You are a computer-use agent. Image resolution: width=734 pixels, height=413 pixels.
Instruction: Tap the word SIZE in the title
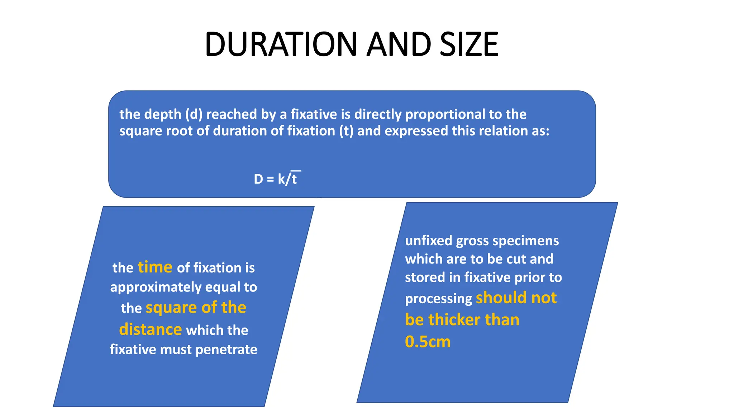click(x=469, y=44)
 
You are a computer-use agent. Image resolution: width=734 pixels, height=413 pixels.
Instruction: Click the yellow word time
click(x=155, y=267)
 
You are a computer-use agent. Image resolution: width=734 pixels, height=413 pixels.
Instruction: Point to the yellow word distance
click(x=151, y=329)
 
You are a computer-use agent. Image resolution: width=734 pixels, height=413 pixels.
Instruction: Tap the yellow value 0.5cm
click(x=428, y=342)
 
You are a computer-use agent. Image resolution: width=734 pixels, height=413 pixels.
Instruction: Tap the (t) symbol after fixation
click(x=346, y=131)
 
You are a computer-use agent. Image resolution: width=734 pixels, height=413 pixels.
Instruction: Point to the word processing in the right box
click(x=438, y=299)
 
